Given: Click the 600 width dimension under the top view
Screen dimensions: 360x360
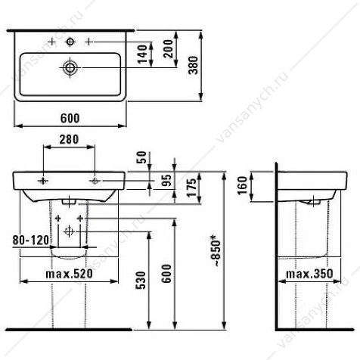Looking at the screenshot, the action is [x=70, y=118].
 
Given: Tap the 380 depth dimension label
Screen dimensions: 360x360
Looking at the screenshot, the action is [x=194, y=65].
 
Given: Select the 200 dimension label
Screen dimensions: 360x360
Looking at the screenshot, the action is [x=169, y=48].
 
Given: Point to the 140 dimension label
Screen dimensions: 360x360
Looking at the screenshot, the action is [x=142, y=54].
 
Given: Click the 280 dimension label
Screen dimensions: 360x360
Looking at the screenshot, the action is [x=69, y=139].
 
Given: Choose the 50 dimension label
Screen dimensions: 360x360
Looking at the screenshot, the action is [x=141, y=157].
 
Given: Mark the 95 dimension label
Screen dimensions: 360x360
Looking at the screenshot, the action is [x=166, y=180].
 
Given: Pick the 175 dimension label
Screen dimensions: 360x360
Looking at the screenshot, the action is [x=191, y=188].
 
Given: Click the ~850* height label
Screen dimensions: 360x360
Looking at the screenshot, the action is [x=216, y=250].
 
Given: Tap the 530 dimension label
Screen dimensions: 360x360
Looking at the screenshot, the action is [x=141, y=280].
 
